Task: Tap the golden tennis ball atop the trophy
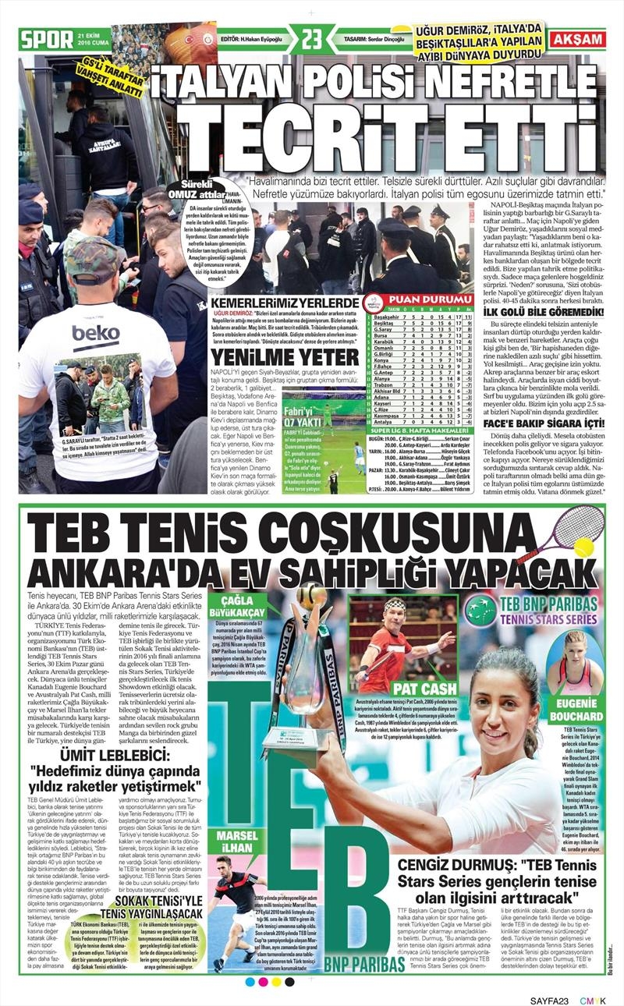310,594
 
